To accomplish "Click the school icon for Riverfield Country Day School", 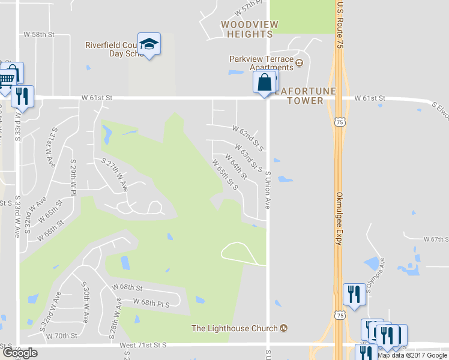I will [x=149, y=44].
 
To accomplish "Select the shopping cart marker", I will [x=7, y=76].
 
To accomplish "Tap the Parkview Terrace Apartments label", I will [x=262, y=63].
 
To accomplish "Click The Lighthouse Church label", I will [x=235, y=328].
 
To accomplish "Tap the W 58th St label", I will [x=38, y=35].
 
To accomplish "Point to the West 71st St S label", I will [x=142, y=346].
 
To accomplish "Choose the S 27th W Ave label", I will [x=115, y=175].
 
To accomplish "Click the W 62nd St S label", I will [x=249, y=137].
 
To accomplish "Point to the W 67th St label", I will [x=436, y=239].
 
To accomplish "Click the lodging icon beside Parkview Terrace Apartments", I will [x=299, y=62].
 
